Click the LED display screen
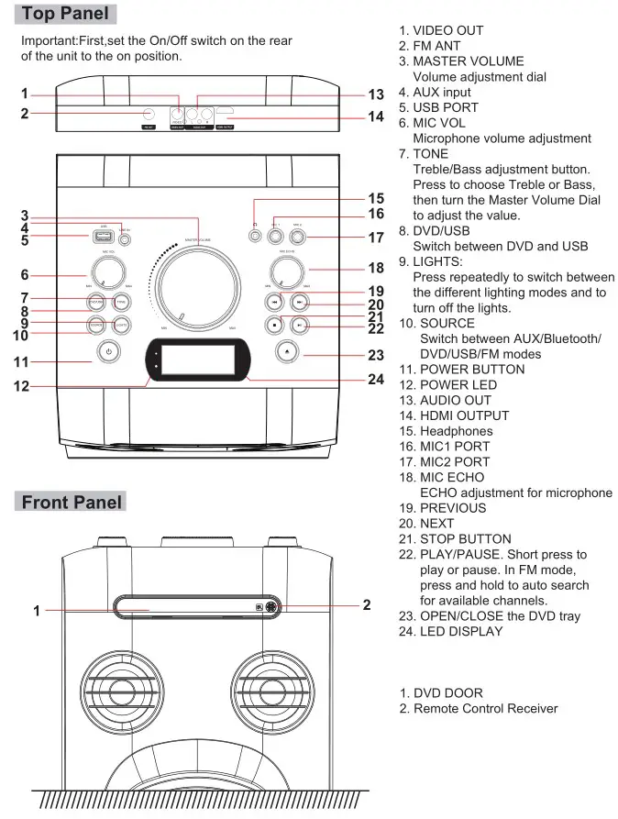coord(199,359)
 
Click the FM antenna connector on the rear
coord(149,115)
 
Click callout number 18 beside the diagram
coord(375,269)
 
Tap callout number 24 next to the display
coord(375,379)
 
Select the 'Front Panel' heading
coord(70,502)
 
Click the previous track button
coord(272,300)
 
